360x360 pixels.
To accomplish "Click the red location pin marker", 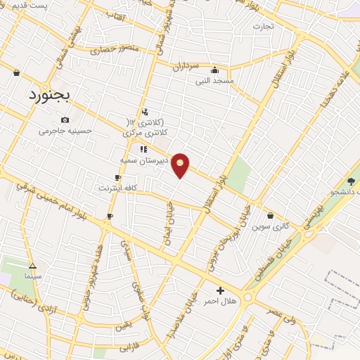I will coord(181,165).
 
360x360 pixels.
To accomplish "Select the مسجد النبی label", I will coord(214,81).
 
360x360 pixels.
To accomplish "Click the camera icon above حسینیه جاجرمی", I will coord(65,120).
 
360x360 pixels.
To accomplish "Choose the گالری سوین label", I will coord(271,226).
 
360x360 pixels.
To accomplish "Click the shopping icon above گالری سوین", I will coord(271,215).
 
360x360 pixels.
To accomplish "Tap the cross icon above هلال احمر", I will coord(220,290).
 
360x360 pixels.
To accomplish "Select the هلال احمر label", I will coord(220,301).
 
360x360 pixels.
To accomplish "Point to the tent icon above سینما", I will coord(32,266).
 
